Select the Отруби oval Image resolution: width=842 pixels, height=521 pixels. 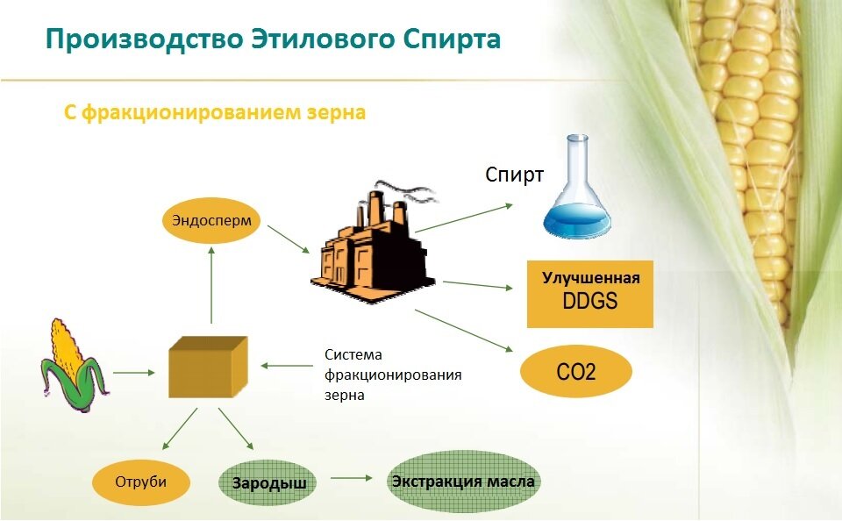click(141, 481)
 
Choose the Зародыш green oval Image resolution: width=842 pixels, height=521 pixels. click(267, 482)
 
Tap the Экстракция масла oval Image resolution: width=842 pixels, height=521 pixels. click(462, 482)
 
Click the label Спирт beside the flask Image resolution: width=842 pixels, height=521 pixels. click(515, 174)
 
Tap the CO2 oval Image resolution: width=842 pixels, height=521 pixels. click(575, 372)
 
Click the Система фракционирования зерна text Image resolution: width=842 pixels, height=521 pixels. click(392, 375)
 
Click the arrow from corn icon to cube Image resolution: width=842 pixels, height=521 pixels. click(133, 372)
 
